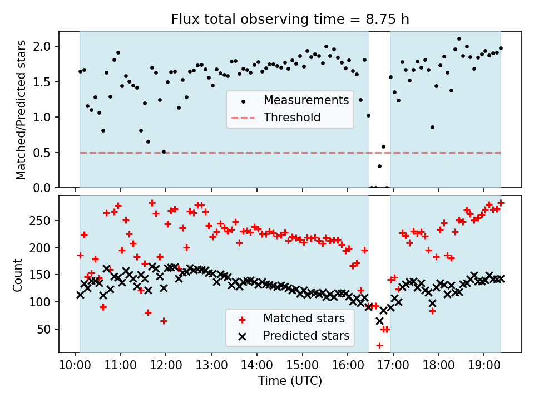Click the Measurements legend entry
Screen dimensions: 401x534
point(306,100)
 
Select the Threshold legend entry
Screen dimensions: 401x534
point(291,118)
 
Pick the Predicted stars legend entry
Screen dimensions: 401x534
point(306,336)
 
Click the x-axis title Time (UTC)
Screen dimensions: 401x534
point(290,381)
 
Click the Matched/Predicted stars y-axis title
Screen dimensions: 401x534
point(21,110)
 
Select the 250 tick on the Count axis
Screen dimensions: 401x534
point(43,221)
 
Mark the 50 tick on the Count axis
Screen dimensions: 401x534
point(47,329)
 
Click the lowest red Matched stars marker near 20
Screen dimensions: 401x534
point(379,345)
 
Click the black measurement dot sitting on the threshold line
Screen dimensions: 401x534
point(164,151)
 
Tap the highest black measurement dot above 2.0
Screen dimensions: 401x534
point(459,39)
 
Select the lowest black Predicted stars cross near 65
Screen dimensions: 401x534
point(379,321)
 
